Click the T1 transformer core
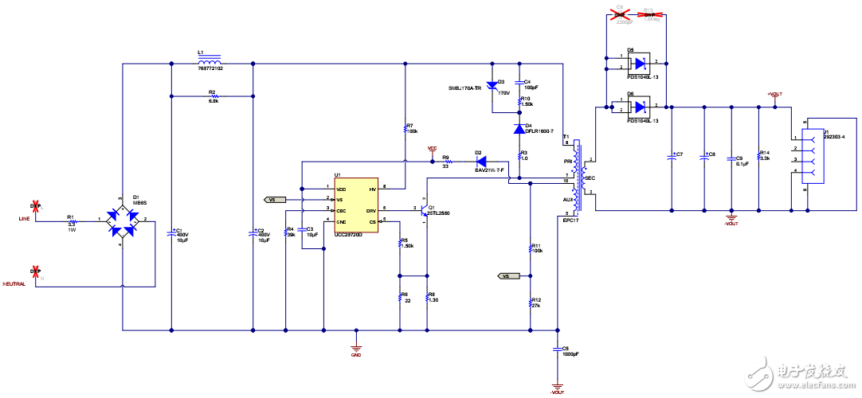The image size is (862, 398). point(579,176)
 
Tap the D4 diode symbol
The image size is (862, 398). point(519,127)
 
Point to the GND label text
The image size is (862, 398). point(355,356)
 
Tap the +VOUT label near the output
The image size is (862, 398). point(774,94)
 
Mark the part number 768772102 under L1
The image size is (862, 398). point(210,69)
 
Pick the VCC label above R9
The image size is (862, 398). point(433,148)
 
